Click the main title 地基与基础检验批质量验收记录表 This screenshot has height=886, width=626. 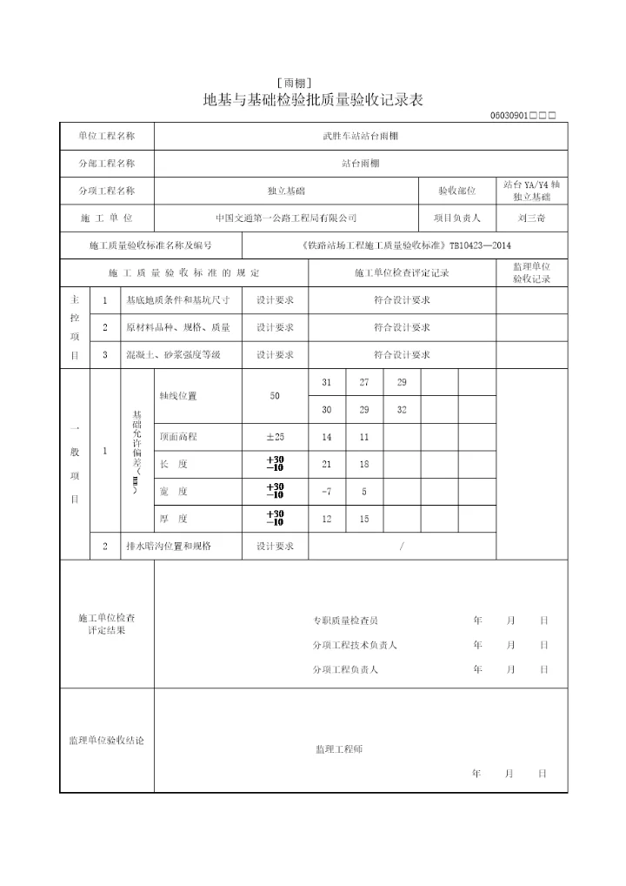[x=313, y=99]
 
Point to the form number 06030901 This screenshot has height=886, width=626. [x=509, y=116]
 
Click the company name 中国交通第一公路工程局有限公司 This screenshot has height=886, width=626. [x=286, y=218]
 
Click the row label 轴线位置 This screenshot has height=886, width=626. [x=176, y=396]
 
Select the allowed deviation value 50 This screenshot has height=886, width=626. [x=275, y=396]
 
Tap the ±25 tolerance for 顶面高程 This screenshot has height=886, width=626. [x=275, y=437]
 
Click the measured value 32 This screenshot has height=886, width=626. [x=401, y=410]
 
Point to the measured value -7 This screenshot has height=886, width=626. [x=326, y=492]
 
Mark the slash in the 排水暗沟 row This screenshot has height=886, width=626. [x=401, y=546]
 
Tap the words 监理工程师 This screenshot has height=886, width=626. [x=339, y=749]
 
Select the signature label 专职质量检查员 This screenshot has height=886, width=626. [x=345, y=621]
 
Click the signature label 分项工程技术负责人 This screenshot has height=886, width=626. [x=355, y=645]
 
